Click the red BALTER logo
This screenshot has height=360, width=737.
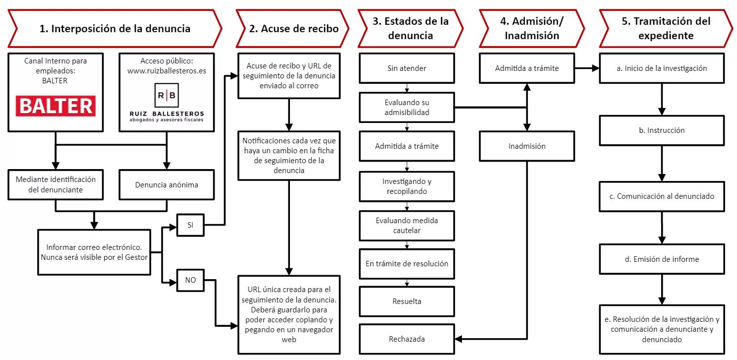[x=56, y=106]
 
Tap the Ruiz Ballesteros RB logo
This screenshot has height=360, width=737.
[x=167, y=95]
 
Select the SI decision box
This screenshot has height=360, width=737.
[x=190, y=225]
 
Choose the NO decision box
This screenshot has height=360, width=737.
[x=190, y=280]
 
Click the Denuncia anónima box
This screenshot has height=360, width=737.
[x=167, y=185]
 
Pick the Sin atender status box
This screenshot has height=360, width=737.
[x=406, y=68]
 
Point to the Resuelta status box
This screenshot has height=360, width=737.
[x=406, y=301]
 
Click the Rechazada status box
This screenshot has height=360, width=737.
[x=406, y=339]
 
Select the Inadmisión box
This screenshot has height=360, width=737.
[x=527, y=146]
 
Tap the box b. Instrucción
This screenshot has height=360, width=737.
[x=662, y=130]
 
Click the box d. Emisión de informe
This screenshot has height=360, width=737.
[x=662, y=259]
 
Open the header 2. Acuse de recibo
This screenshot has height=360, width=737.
[x=293, y=28]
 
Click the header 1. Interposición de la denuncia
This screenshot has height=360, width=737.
[x=115, y=28]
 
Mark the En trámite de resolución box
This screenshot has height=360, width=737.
[x=406, y=263]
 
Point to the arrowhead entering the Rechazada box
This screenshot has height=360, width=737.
[x=458, y=339]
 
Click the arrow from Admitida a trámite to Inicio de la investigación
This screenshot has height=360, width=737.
[x=587, y=68]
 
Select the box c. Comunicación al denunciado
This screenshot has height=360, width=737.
[x=662, y=196]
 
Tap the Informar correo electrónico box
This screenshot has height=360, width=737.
[x=94, y=252]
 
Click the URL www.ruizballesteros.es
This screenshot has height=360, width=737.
[x=167, y=71]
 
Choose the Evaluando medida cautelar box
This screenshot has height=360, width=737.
[x=406, y=225]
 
